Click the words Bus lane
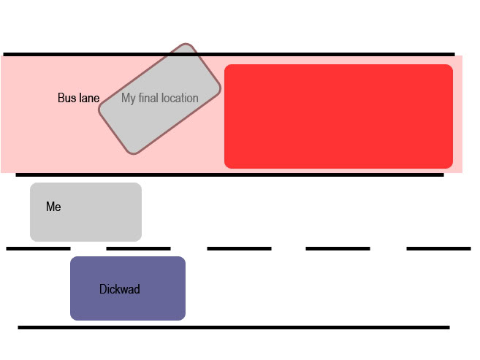[x=78, y=98]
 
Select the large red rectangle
[x=338, y=116]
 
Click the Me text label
[x=53, y=207]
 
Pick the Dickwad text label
[x=119, y=289]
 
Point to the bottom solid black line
[x=234, y=327]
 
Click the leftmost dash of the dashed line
[x=38, y=248]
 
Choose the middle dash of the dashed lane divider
[x=239, y=248]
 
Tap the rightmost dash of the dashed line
[x=438, y=248]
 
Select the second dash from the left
[x=138, y=248]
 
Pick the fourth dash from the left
[x=338, y=248]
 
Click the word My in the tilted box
[x=129, y=98]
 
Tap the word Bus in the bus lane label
[x=66, y=98]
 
